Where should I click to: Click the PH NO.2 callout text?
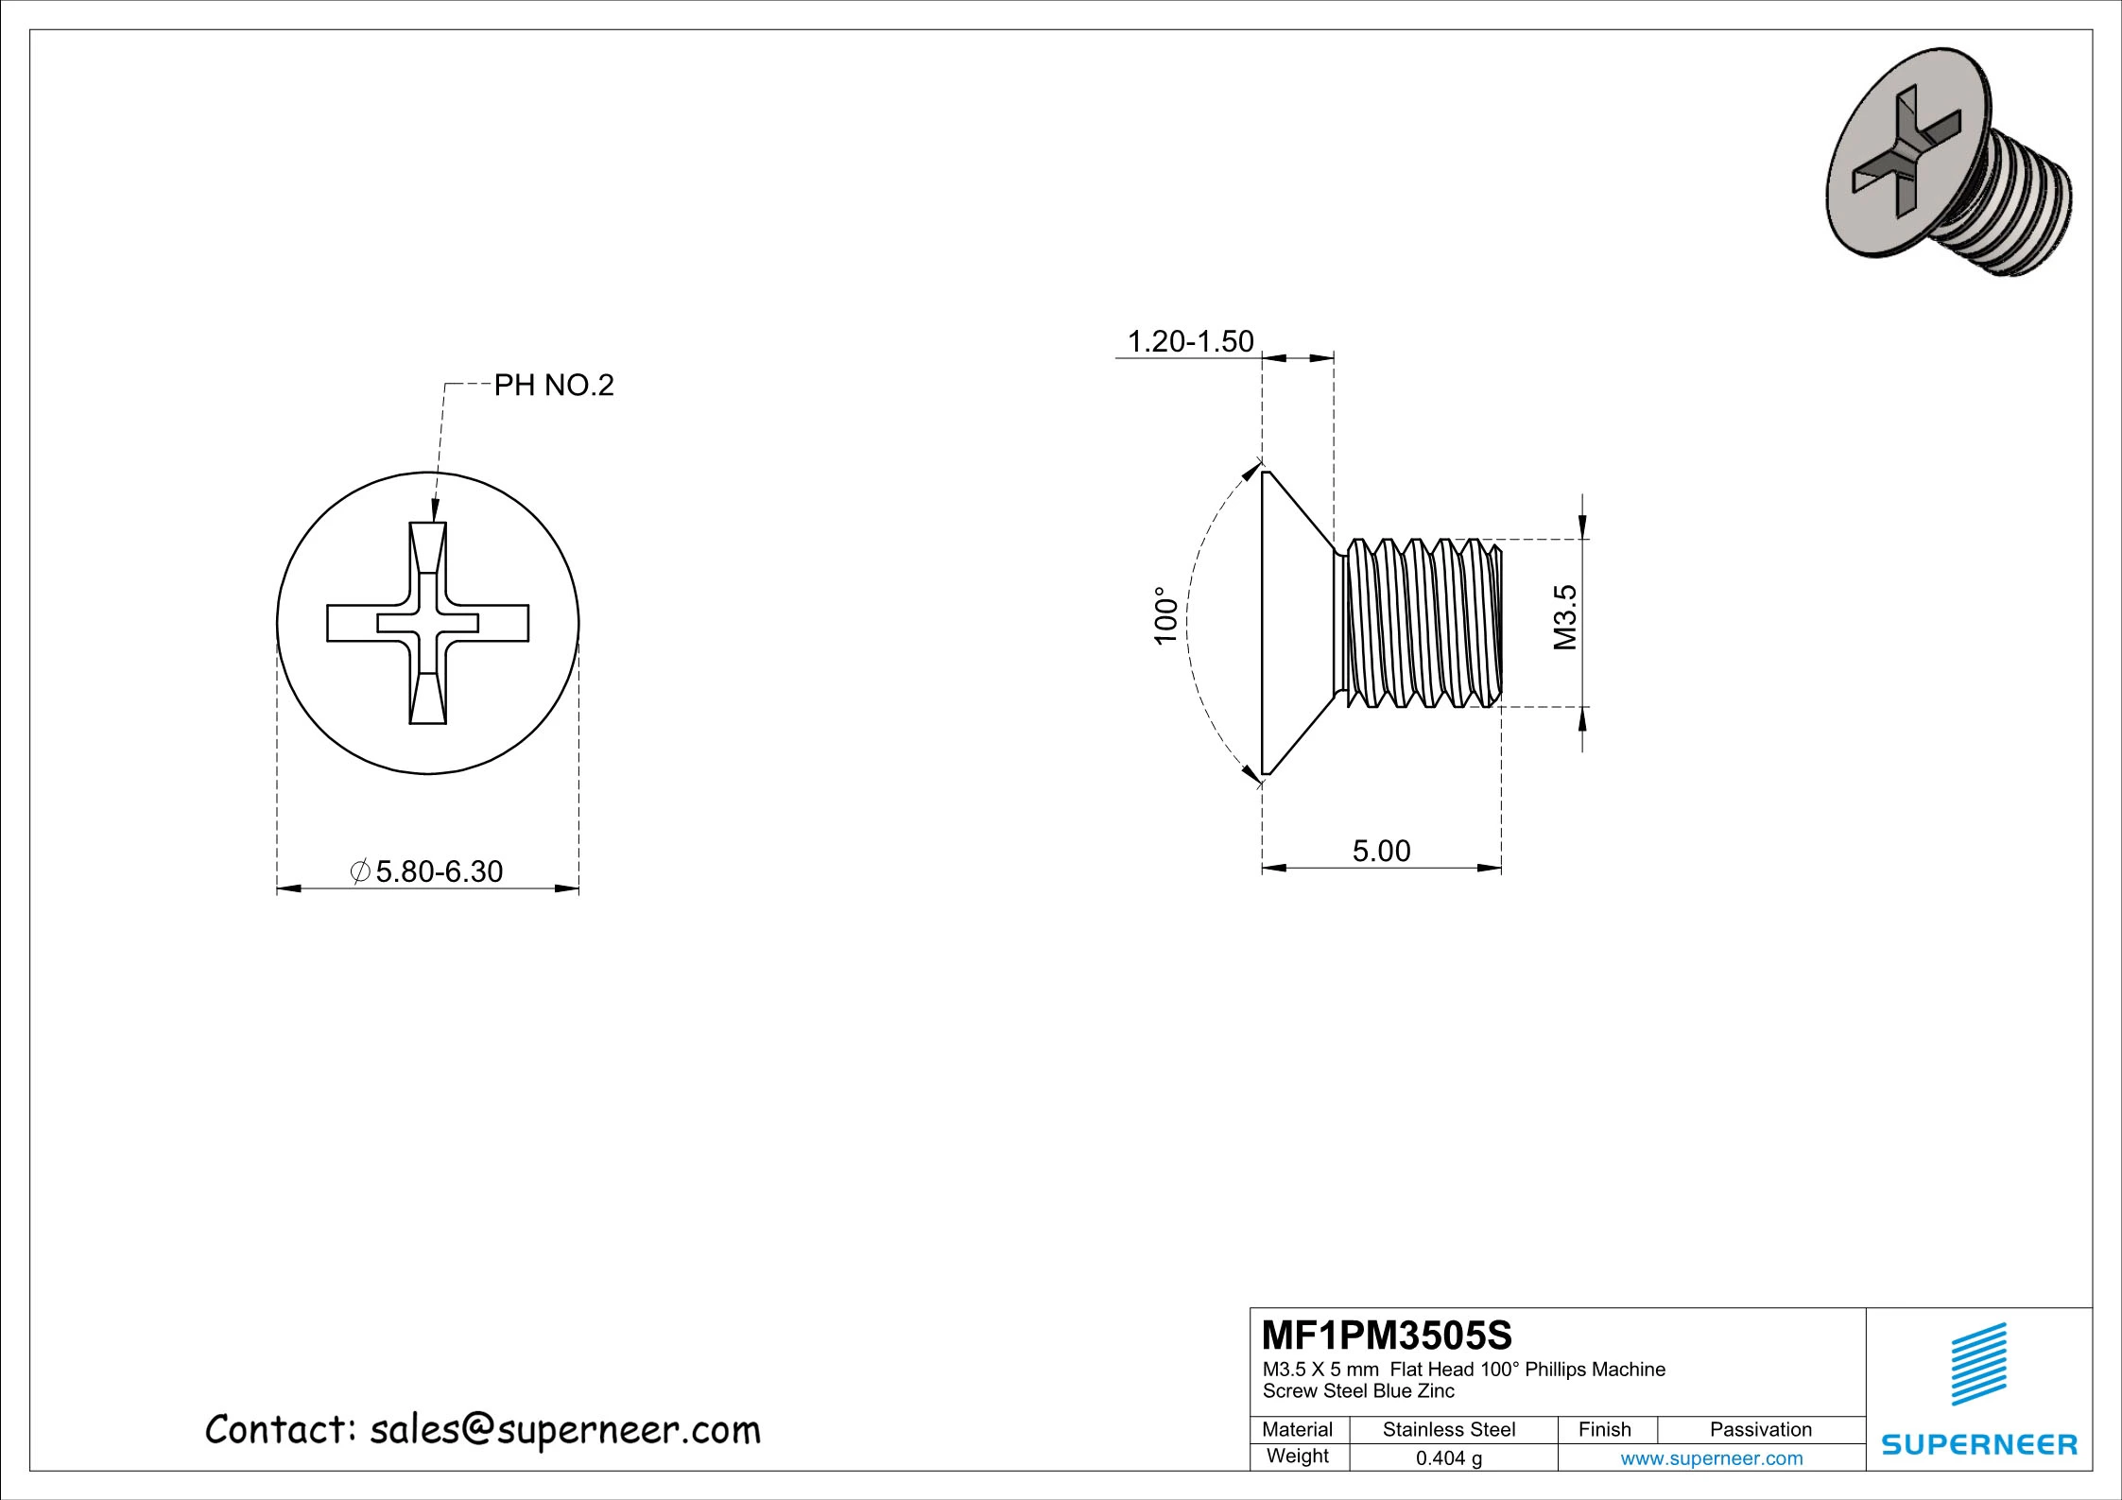point(554,386)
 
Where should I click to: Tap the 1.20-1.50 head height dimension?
point(1190,341)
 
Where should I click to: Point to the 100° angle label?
point(1166,615)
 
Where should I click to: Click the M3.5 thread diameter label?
point(1565,617)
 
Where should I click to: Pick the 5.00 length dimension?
point(1381,851)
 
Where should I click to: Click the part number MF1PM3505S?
point(1387,1336)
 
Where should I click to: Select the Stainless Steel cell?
point(1448,1430)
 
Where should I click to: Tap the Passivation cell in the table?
point(1760,1430)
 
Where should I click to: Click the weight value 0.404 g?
point(1448,1458)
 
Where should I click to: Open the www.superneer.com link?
point(1711,1458)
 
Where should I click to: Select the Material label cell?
point(1297,1430)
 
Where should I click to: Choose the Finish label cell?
point(1604,1430)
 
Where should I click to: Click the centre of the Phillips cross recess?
point(428,623)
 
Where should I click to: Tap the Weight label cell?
point(1297,1457)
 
